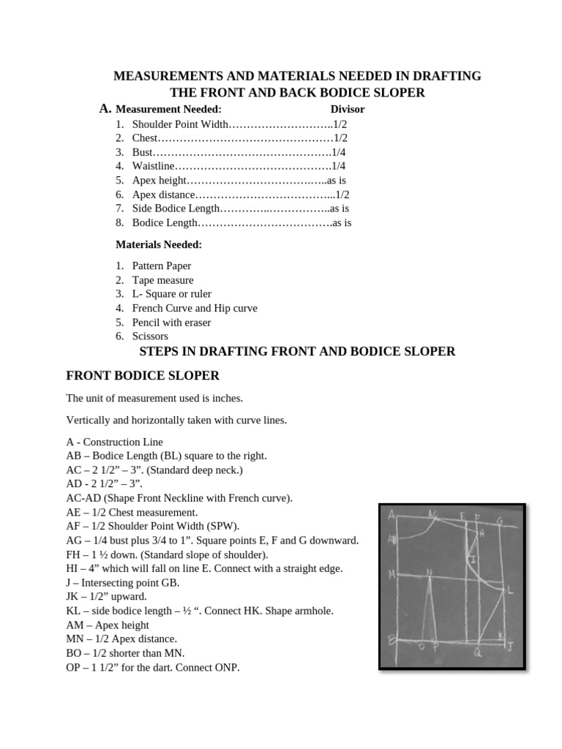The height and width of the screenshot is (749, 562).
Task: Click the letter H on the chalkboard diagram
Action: [482, 534]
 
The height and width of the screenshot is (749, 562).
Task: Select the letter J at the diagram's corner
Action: [510, 646]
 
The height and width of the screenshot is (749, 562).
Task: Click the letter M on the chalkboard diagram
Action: [393, 574]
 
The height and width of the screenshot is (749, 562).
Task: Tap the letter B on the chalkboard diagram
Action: [391, 639]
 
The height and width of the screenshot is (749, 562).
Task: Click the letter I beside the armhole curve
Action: [474, 560]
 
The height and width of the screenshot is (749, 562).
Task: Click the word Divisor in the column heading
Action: [347, 110]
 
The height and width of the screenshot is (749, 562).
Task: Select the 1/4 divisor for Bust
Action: [339, 152]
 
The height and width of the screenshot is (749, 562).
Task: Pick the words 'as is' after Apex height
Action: [337, 180]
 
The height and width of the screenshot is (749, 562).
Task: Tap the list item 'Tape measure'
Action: [162, 280]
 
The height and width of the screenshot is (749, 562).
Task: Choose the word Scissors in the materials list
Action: [150, 336]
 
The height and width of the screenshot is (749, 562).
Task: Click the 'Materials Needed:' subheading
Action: [159, 244]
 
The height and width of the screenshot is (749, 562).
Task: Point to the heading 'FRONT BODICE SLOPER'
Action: [143, 376]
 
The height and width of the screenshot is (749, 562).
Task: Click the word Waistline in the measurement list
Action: [154, 166]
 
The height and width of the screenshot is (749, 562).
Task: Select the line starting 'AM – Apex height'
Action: [108, 625]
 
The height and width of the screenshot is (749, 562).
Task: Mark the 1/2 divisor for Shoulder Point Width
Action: [339, 124]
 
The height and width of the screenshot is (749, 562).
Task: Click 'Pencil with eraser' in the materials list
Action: [171, 323]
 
